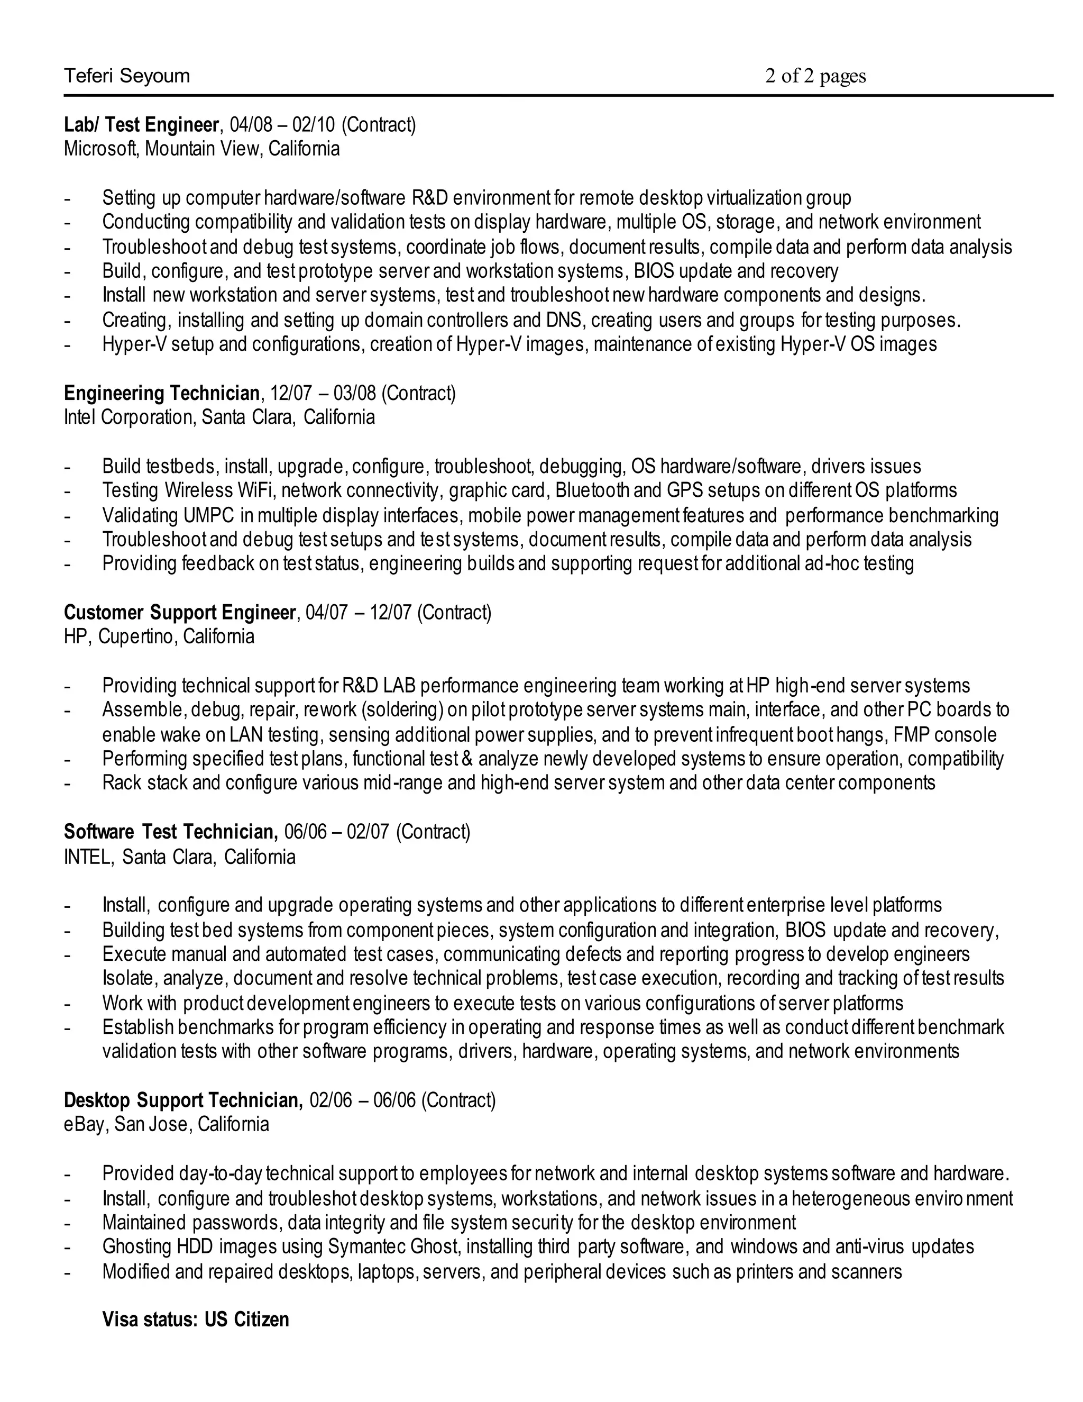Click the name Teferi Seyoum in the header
(x=127, y=76)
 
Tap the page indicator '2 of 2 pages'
(x=815, y=76)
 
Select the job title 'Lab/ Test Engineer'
(x=141, y=124)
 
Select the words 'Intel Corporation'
(x=129, y=417)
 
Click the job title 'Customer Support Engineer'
(x=180, y=613)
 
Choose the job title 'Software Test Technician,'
(x=171, y=832)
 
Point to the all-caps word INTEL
(x=88, y=857)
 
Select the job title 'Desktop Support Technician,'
(x=183, y=1100)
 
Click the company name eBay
(x=84, y=1125)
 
